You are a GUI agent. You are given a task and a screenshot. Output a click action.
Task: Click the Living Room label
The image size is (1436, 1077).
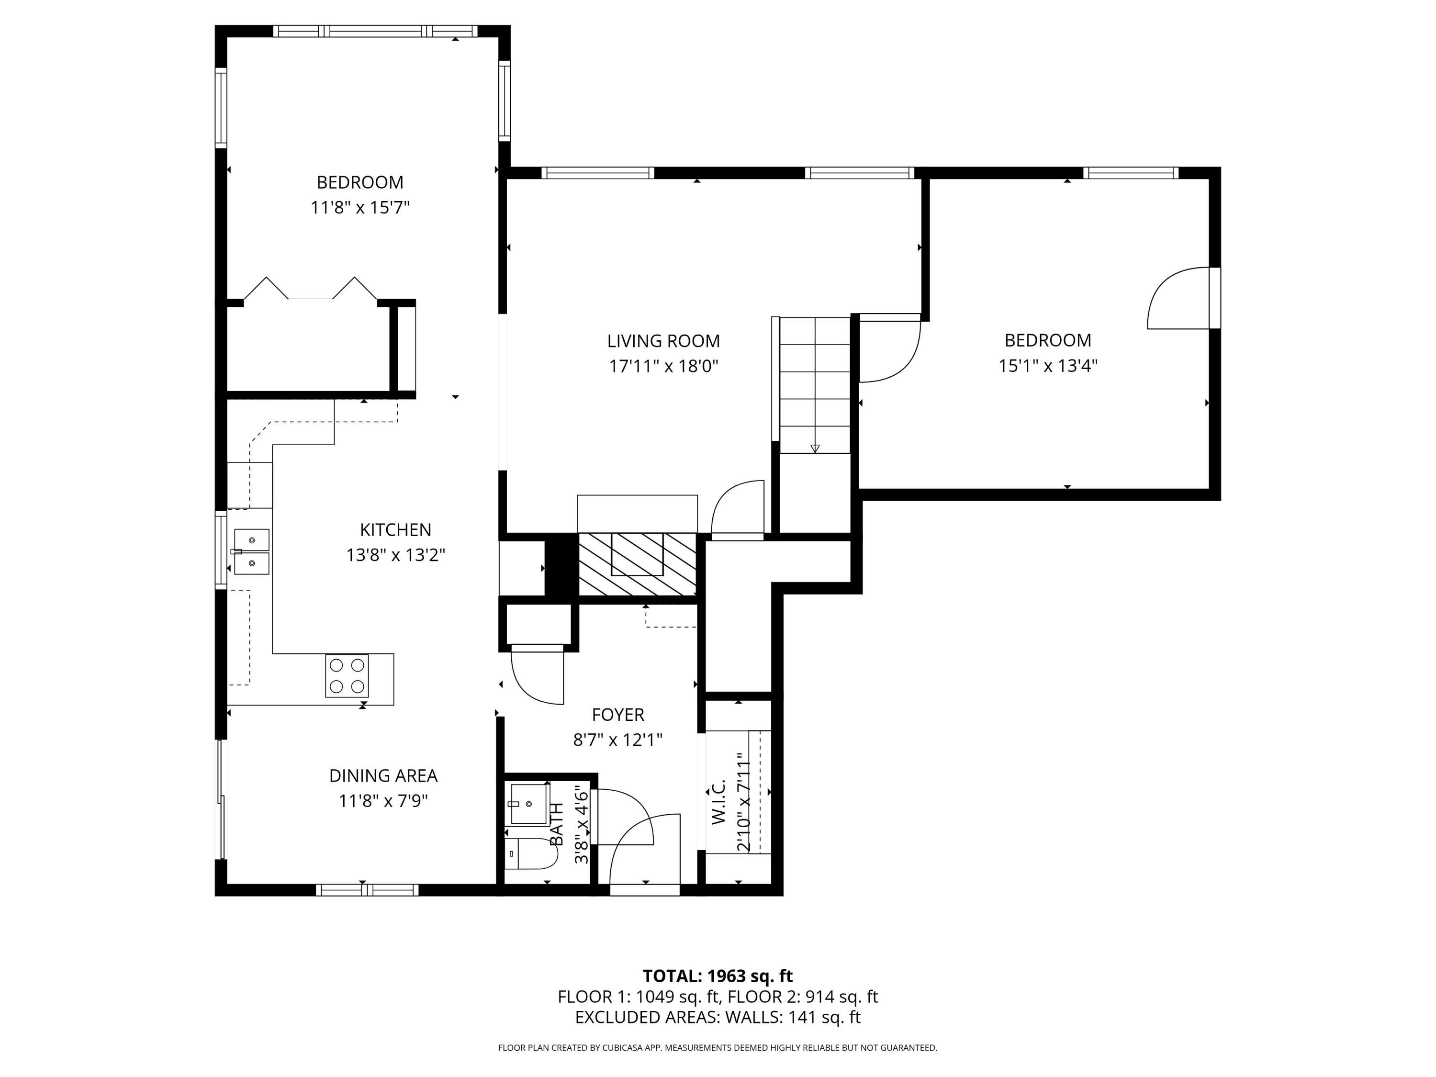663,341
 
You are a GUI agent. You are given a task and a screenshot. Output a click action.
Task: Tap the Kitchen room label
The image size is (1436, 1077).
395,530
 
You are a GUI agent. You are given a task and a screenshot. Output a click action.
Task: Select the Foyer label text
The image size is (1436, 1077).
618,715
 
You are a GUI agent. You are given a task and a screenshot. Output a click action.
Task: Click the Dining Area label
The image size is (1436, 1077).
383,776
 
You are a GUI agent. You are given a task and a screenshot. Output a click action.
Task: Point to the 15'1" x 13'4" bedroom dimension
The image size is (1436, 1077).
1048,366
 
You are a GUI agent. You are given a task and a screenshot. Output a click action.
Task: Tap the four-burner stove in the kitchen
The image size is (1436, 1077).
347,676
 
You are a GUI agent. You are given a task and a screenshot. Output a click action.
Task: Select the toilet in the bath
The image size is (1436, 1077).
530,853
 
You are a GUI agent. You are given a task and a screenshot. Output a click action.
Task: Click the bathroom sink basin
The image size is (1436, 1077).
528,804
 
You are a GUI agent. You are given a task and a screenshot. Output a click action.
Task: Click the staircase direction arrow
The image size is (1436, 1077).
815,448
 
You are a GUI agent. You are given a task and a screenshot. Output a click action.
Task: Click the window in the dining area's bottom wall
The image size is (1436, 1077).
368,890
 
